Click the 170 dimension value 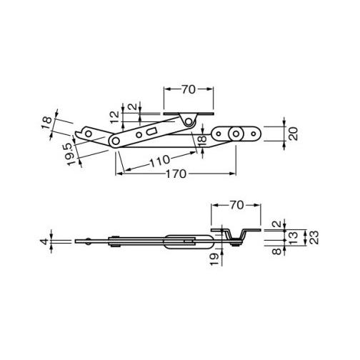click(176, 174)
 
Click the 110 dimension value click(160, 161)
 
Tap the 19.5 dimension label click(71, 154)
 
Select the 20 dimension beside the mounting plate click(294, 134)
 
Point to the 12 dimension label click(115, 117)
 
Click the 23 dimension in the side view click(315, 237)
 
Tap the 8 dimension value click(276, 251)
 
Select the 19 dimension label click(214, 259)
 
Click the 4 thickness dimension click(44, 241)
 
